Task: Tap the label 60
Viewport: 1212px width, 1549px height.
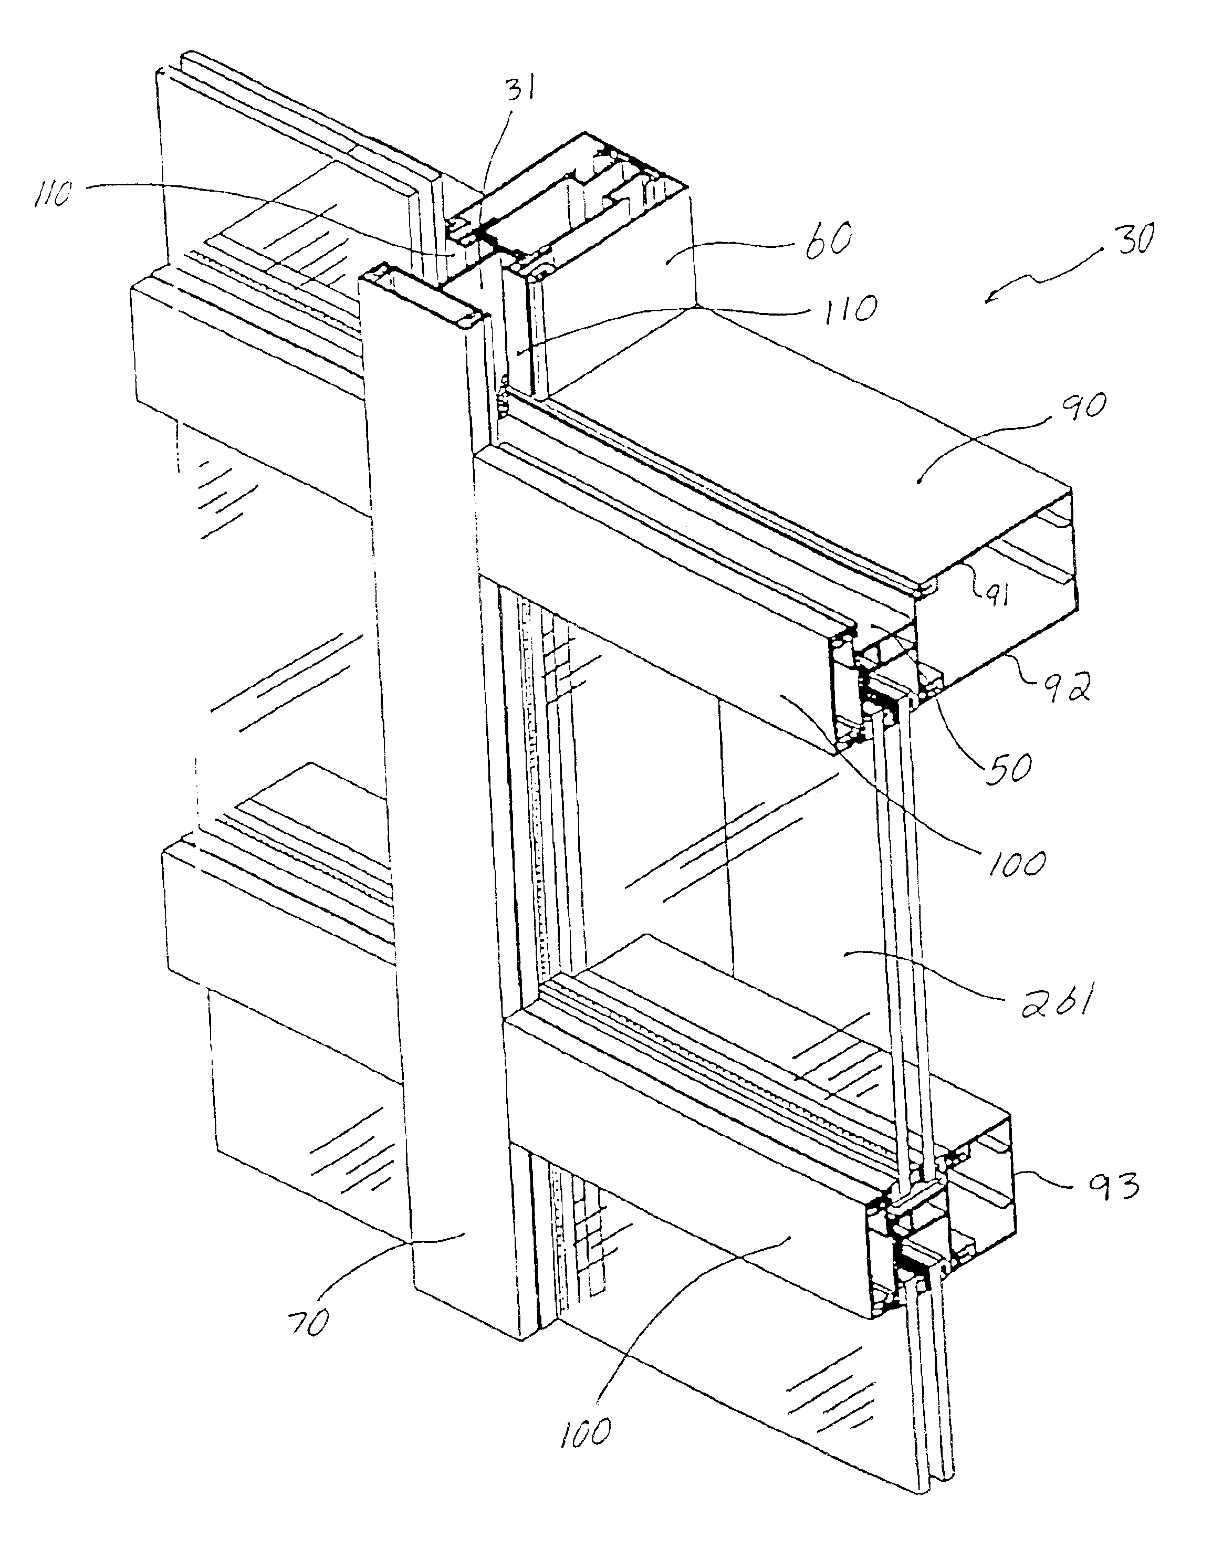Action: [827, 238]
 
